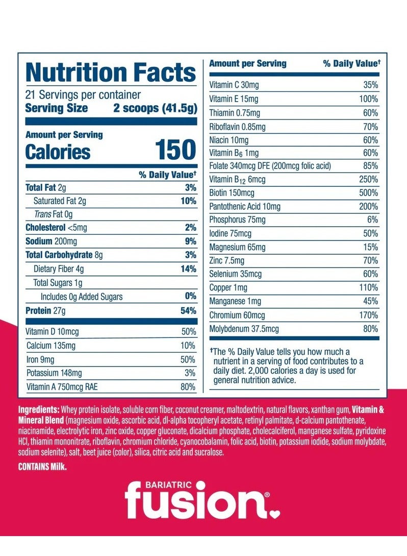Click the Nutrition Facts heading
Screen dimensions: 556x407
[x=111, y=72]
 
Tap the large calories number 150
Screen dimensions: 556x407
[x=175, y=151]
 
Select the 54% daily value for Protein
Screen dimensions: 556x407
[x=188, y=311]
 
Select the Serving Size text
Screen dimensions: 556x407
[x=56, y=108]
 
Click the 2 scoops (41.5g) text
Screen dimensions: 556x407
[x=155, y=108]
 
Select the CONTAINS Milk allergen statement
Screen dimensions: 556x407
[x=42, y=467]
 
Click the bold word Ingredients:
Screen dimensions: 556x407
[x=39, y=410]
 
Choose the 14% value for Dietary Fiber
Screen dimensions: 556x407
[x=188, y=269]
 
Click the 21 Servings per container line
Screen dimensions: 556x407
[x=83, y=95]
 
